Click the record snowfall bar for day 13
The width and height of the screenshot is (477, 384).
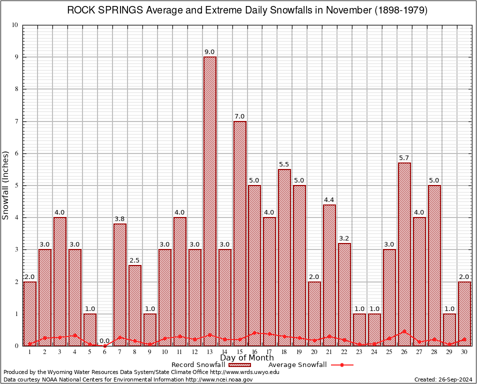point(209,200)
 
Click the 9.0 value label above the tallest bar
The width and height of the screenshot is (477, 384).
point(209,52)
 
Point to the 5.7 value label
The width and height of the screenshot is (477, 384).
point(404,158)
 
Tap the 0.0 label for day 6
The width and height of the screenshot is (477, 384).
point(104,341)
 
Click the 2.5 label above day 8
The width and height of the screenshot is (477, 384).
point(134,260)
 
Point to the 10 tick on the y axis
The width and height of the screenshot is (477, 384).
point(15,25)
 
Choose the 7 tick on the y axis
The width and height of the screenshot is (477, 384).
point(16,121)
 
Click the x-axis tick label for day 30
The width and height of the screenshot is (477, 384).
point(464,351)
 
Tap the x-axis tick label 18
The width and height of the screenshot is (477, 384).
point(284,351)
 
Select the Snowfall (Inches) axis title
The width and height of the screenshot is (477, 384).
point(6,185)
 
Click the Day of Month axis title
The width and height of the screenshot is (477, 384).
point(246,357)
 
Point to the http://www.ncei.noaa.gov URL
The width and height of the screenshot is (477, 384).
point(219,379)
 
